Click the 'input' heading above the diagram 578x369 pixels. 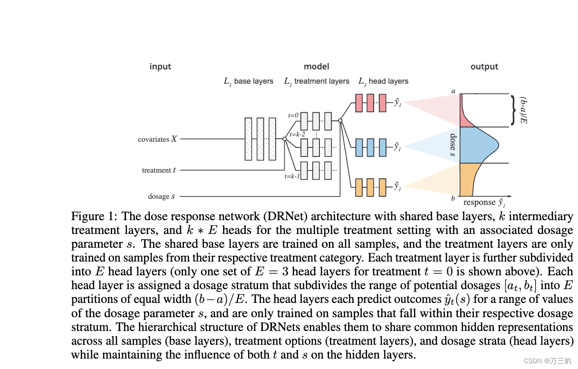tap(160, 67)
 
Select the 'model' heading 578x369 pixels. tap(316, 67)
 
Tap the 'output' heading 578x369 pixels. tap(484, 67)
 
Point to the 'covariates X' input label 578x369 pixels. tap(157, 139)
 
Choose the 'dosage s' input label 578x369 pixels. tap(161, 196)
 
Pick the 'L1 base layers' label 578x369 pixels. tap(249, 81)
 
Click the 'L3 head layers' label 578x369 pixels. tap(383, 81)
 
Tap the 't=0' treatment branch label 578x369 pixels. tap(293, 116)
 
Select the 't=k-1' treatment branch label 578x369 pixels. tap(292, 176)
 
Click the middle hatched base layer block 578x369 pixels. tap(260, 139)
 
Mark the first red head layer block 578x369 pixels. tap(359, 103)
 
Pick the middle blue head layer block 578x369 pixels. tap(371, 147)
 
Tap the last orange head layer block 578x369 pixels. tap(383, 187)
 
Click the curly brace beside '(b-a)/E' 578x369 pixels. tap(513, 110)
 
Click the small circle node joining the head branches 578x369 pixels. tap(340, 121)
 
